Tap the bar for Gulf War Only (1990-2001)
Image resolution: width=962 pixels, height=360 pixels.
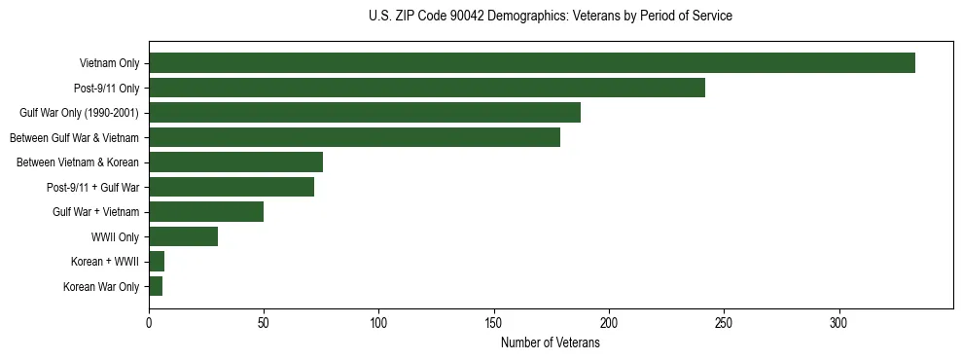tap(365, 113)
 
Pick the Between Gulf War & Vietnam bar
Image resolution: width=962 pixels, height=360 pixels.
tap(354, 137)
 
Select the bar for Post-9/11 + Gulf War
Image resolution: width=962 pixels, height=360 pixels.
tap(232, 187)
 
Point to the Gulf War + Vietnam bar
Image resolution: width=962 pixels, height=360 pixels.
tap(206, 212)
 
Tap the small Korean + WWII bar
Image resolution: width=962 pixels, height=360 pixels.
tap(157, 262)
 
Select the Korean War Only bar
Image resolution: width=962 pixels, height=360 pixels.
tap(156, 286)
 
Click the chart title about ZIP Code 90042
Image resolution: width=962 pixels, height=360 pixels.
tap(551, 17)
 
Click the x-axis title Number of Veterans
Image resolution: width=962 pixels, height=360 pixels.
tap(551, 343)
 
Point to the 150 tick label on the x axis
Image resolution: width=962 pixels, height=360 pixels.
tap(494, 324)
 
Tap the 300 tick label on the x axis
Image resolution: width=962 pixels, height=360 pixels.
tap(838, 324)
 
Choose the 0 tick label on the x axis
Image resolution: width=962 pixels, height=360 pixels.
tap(149, 324)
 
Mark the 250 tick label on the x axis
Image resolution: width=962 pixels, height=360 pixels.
tap(724, 324)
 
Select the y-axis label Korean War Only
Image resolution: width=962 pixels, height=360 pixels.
tap(101, 287)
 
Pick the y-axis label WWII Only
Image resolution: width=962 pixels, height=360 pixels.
tap(115, 237)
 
